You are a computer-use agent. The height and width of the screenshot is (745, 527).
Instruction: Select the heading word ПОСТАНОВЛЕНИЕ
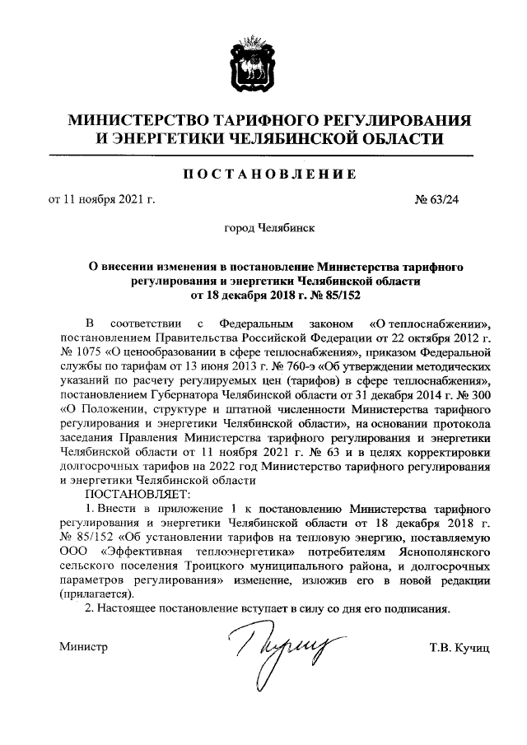click(263, 174)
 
